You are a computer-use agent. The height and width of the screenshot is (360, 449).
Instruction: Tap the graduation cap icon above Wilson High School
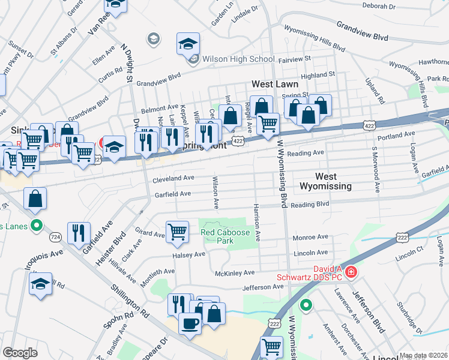pos(188,44)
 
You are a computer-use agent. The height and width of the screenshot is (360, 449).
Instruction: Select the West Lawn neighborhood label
pos(274,84)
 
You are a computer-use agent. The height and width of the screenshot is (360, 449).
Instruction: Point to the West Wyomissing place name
pos(334,181)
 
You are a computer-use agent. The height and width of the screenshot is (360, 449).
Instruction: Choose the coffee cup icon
pos(190,323)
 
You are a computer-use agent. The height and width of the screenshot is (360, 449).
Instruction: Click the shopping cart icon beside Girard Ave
pos(177,231)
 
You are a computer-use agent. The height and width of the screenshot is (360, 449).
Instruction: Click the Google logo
pos(20,353)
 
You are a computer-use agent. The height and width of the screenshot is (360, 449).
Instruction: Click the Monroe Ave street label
pos(310,238)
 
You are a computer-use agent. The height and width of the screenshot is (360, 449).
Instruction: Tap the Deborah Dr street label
pos(379,6)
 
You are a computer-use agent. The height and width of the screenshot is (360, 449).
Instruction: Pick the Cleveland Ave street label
pos(173,178)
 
